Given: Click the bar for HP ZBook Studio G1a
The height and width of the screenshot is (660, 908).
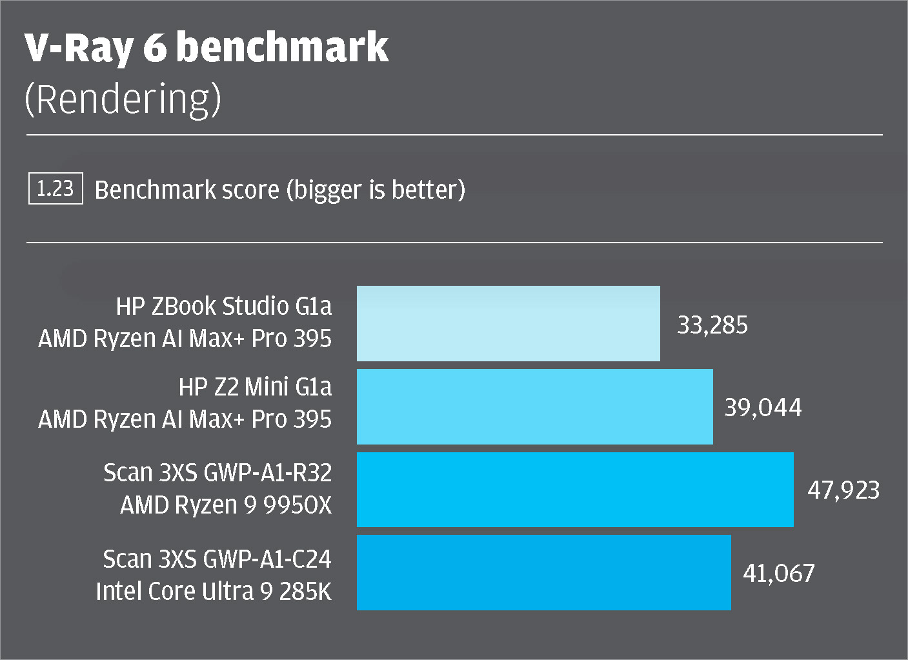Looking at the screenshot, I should click(509, 323).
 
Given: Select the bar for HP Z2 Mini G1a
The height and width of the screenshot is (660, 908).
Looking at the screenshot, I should click(535, 406).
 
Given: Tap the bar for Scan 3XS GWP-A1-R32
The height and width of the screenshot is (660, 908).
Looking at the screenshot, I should click(575, 489).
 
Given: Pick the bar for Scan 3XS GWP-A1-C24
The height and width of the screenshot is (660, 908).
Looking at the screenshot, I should click(544, 572).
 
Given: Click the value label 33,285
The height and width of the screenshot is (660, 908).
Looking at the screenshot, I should click(712, 325).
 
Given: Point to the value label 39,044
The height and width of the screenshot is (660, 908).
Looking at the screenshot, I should click(763, 407).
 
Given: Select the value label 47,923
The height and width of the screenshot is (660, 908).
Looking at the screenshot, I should click(843, 490).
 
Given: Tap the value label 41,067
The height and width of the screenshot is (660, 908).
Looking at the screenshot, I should click(779, 573).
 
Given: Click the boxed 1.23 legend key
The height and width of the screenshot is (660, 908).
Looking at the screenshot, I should click(55, 189).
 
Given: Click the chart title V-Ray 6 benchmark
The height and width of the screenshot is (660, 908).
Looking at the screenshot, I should click(207, 48).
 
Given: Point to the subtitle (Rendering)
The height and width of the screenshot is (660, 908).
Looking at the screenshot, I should click(123, 99).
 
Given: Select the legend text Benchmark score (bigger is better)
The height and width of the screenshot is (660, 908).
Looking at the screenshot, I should click(279, 190).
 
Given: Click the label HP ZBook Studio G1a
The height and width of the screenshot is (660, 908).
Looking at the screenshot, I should click(223, 306).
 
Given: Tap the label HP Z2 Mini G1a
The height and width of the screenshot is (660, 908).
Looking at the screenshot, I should click(255, 386).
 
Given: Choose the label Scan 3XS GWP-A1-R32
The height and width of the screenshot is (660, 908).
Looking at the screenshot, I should click(217, 472).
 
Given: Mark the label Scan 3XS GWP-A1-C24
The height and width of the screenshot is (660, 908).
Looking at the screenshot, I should click(217, 558).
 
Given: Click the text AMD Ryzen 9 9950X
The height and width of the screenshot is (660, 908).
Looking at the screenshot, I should click(226, 505).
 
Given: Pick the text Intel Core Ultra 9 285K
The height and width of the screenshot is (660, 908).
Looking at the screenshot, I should click(214, 591).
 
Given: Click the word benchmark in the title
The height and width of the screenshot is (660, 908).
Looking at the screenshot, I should click(283, 48).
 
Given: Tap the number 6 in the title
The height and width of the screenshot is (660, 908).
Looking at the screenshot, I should click(154, 48).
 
